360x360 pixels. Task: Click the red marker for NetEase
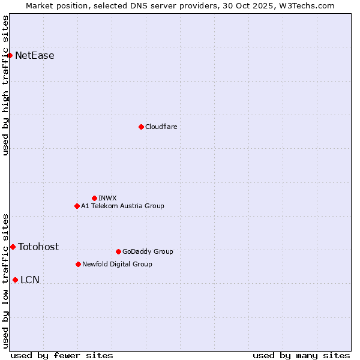point(10,56)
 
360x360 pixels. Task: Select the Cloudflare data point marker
point(141,127)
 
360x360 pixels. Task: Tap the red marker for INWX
point(94,198)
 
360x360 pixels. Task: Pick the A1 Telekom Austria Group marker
point(77,206)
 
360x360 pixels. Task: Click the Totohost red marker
point(13,247)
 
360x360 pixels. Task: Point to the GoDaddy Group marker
point(118,251)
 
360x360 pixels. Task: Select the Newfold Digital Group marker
point(78,264)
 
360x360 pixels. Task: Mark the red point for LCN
point(15,280)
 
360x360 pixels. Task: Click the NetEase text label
point(35,56)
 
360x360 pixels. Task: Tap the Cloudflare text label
point(161,127)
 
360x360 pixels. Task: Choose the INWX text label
point(108,198)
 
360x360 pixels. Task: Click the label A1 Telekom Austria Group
point(122,206)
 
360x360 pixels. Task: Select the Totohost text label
point(38,247)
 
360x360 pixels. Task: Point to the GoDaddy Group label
point(148,251)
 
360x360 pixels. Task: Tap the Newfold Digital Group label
point(117,264)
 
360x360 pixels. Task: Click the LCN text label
point(30,280)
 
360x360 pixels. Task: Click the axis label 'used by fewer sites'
point(62,355)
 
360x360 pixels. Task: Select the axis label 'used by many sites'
point(301,355)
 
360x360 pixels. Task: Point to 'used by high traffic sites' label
point(6,85)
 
